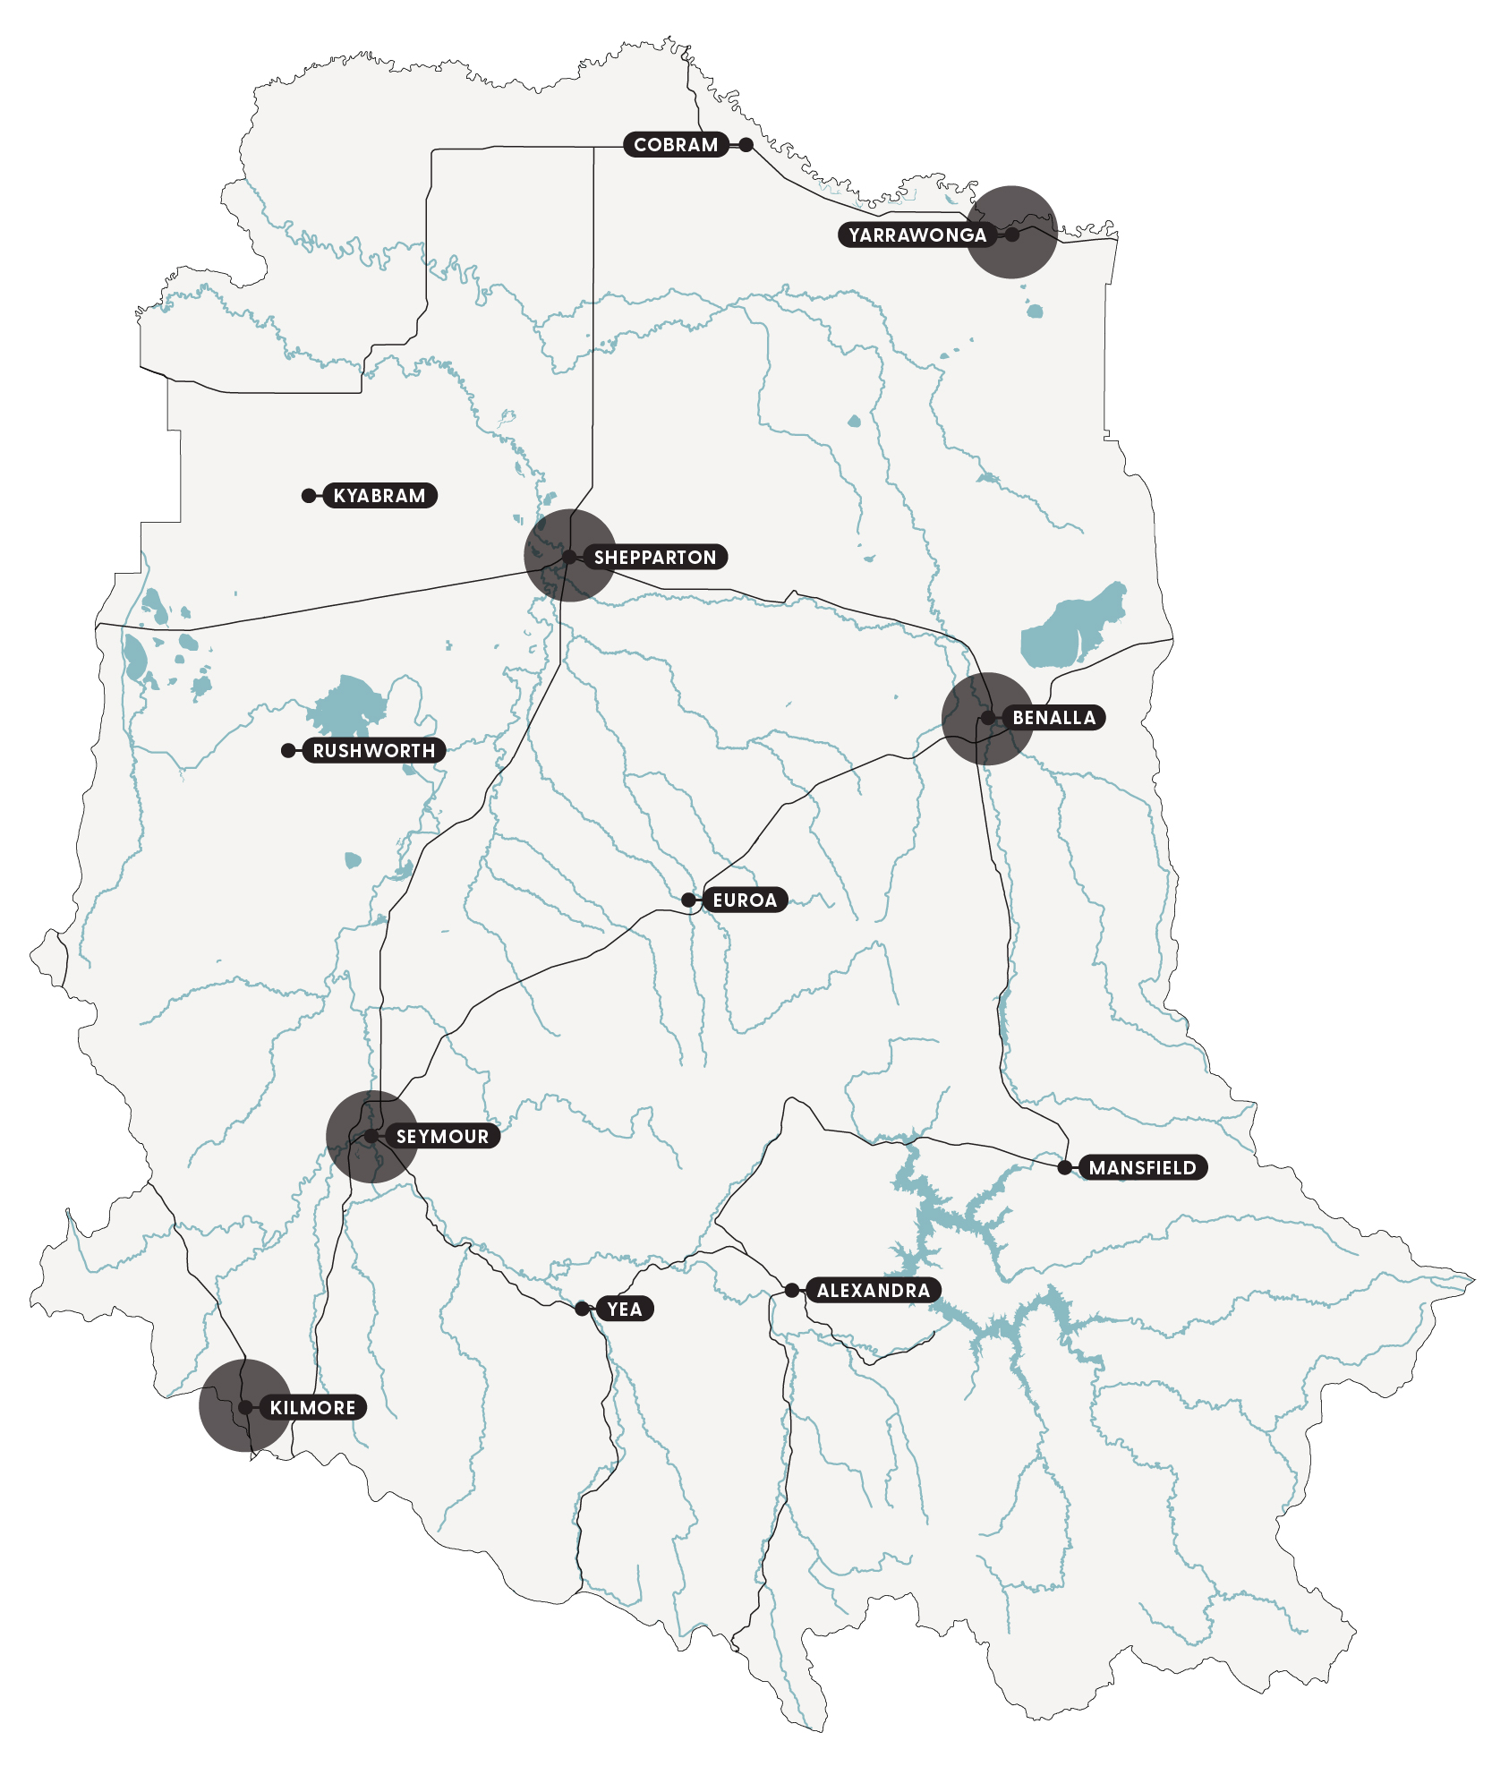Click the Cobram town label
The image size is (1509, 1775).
pyautogui.click(x=676, y=145)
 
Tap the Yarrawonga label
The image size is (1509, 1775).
pyautogui.click(x=916, y=235)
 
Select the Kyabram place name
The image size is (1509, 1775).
pyautogui.click(x=379, y=496)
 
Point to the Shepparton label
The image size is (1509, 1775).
pyautogui.click(x=655, y=558)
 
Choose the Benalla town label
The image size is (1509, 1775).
pyautogui.click(x=1053, y=718)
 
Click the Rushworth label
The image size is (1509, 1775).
pyautogui.click(x=373, y=751)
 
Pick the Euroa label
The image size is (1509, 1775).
pyautogui.click(x=744, y=900)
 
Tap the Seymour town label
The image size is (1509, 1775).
pyautogui.click(x=442, y=1137)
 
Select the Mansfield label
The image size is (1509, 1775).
pyautogui.click(x=1142, y=1167)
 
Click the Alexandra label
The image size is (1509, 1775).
pyautogui.click(x=873, y=1291)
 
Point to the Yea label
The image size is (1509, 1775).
pyautogui.click(x=624, y=1310)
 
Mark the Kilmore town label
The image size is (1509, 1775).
pyautogui.click(x=312, y=1408)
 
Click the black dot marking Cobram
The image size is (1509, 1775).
pyautogui.click(x=746, y=145)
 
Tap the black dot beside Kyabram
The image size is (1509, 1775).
pyautogui.click(x=309, y=496)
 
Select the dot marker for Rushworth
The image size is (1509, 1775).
pyautogui.click(x=288, y=751)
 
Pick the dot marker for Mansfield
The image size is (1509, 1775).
pyautogui.click(x=1064, y=1167)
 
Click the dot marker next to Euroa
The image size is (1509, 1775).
pyautogui.click(x=688, y=900)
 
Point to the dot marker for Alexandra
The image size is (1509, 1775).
pyautogui.click(x=792, y=1291)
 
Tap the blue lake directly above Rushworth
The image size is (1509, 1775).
pyautogui.click(x=349, y=704)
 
